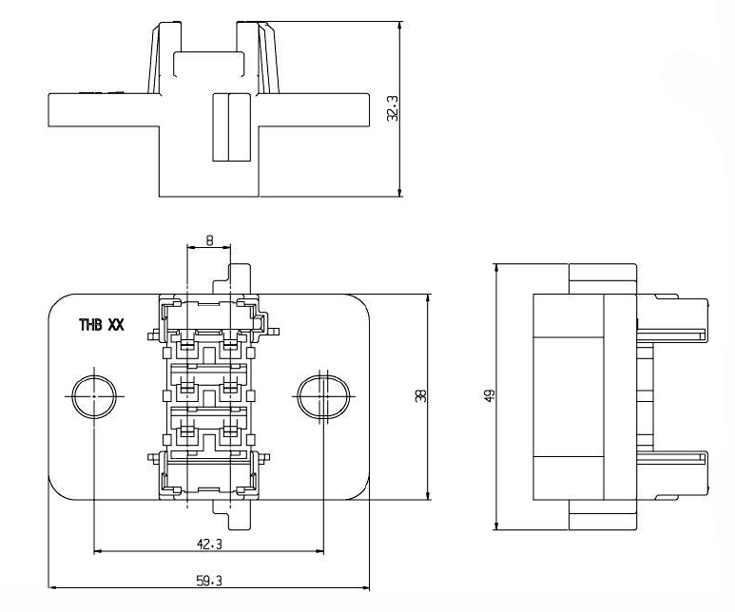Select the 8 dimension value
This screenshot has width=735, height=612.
tap(209, 241)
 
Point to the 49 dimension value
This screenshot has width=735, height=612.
tap(490, 394)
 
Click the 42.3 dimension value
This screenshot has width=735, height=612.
tap(209, 544)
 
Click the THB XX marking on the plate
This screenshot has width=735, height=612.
tap(102, 324)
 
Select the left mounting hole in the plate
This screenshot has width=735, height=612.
tap(95, 395)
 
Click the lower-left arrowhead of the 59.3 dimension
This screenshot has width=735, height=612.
tap(53, 587)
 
